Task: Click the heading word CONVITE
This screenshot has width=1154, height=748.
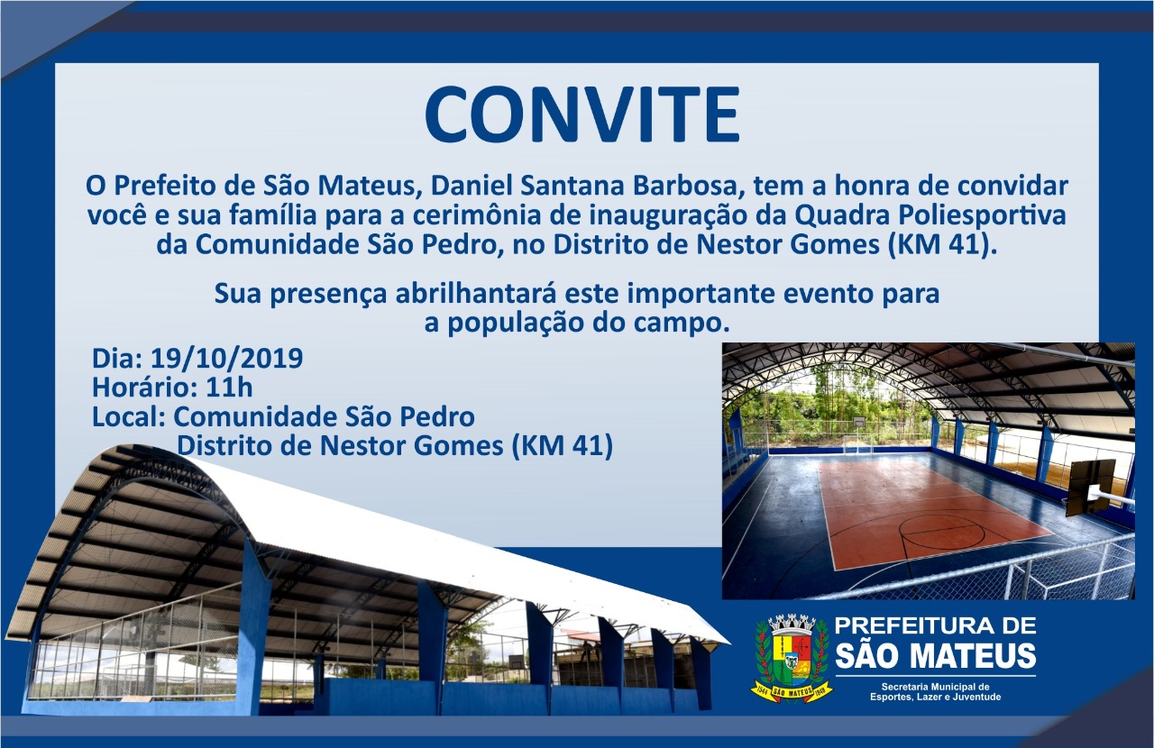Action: point(582,114)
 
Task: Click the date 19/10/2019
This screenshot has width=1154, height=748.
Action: point(226,359)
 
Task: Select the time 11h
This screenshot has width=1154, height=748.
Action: point(229,388)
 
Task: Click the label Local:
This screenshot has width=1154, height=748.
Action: point(129,416)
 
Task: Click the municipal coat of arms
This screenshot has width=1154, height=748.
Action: point(792,659)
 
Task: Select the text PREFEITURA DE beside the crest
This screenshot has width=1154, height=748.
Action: point(935,626)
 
